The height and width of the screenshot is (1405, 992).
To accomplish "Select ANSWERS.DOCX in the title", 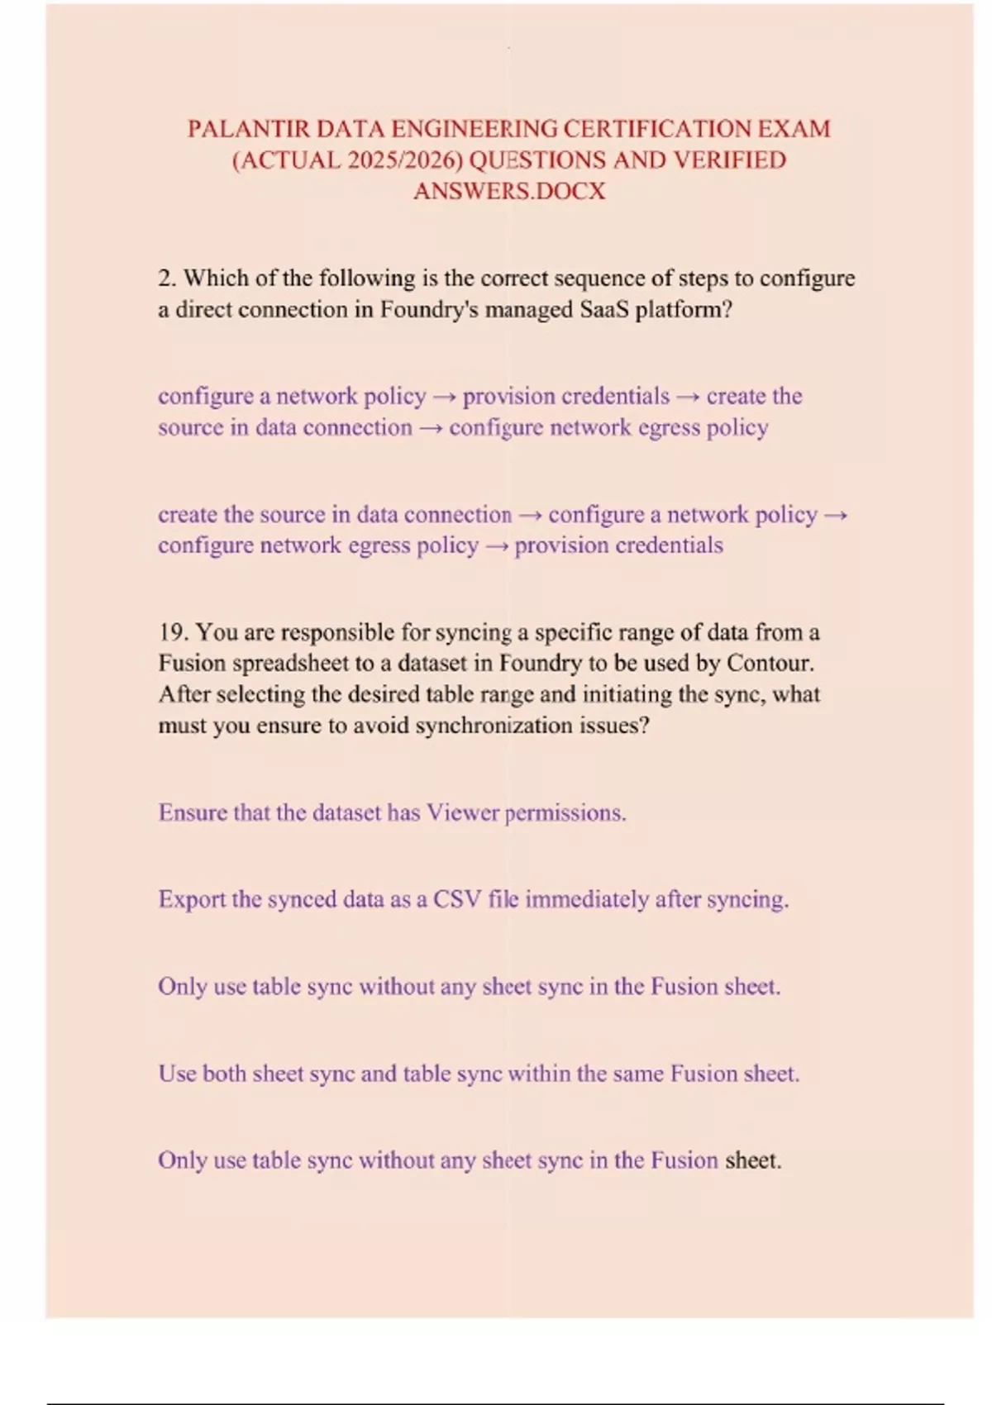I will (x=509, y=191).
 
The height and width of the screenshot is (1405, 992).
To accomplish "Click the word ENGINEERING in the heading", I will (x=475, y=129).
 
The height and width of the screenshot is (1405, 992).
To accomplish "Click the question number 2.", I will (x=166, y=279).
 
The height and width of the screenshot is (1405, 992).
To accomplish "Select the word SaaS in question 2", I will (x=603, y=310).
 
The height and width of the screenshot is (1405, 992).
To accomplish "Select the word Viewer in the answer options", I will (x=463, y=813).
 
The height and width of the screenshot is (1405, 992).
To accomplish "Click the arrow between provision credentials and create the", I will (x=688, y=398).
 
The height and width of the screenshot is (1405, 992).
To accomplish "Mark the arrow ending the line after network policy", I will (x=836, y=516).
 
